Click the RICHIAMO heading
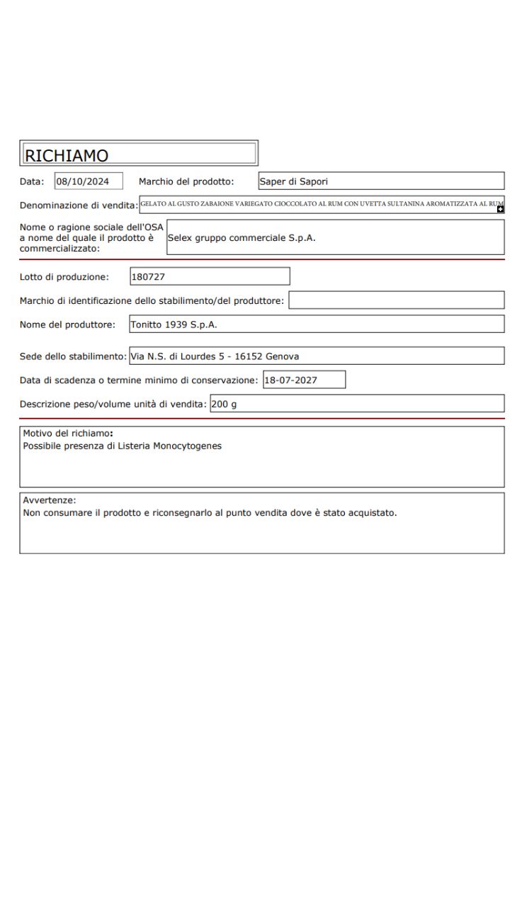click(x=66, y=154)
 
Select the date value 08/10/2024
click(x=83, y=181)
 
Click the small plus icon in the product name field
click(x=501, y=209)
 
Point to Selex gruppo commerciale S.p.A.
click(x=242, y=238)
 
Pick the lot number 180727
click(x=149, y=276)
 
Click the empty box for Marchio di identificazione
click(x=397, y=300)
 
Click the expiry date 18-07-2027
click(x=292, y=380)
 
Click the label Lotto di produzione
click(x=64, y=276)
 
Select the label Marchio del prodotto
click(x=186, y=181)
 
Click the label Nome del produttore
click(x=67, y=324)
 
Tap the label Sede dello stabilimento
click(x=73, y=356)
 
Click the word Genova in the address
click(x=282, y=356)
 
